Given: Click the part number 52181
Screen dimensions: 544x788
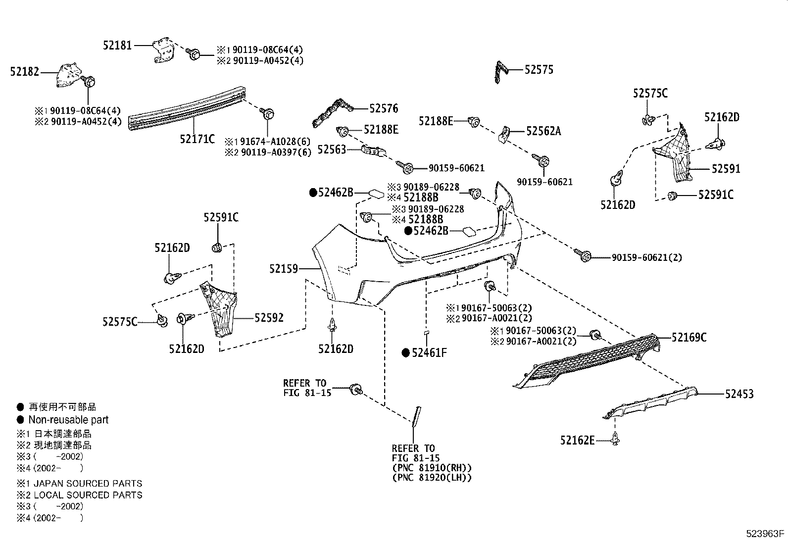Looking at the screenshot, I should pos(117,45).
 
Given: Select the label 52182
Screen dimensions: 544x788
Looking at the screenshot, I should pos(24,72).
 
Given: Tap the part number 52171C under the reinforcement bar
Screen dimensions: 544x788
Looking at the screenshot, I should pos(197,139).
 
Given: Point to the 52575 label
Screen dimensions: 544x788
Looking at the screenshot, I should pos(539,70).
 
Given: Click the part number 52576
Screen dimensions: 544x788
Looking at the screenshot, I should pos(384,108).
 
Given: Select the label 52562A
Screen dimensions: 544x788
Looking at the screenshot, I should pos(543,131).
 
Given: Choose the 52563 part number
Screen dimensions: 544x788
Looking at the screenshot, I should pos(331,149).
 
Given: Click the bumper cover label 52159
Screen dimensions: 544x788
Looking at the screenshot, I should pos(284,269).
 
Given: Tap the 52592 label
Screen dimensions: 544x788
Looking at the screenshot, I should pos(269,318).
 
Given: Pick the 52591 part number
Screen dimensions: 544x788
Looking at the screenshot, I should pos(726,169).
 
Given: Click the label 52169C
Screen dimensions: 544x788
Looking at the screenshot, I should pos(689,338).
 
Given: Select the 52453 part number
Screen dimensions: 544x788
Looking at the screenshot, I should pos(739,394).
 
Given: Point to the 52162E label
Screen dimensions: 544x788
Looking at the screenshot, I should pos(577,440).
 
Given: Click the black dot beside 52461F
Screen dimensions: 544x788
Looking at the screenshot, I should pos(405,353).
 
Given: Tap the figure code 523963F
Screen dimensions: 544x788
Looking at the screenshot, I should pos(766,534).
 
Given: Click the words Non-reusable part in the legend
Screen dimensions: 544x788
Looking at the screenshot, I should pos(68,420).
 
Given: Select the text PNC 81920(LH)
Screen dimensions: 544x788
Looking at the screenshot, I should pos(432,478).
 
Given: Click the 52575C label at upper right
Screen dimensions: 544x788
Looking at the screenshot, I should pos(650,93).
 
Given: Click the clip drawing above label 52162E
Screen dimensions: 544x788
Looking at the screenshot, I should pos(615,438).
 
